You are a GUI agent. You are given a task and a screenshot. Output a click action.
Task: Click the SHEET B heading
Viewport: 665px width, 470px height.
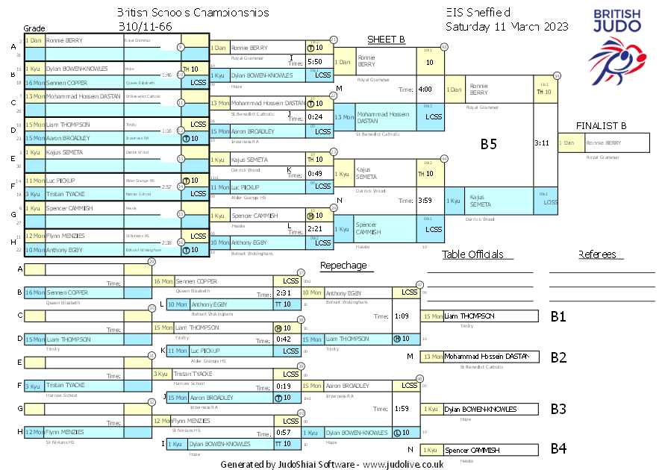[x=386, y=40]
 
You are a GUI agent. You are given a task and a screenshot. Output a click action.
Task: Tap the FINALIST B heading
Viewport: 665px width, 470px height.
[x=601, y=125]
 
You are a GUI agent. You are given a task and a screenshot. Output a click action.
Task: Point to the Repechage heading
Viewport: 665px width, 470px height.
[x=343, y=265]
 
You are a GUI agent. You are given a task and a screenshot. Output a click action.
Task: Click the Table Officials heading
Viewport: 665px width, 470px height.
[x=472, y=254]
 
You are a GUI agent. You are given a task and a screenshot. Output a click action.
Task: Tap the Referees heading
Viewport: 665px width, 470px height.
[x=597, y=254]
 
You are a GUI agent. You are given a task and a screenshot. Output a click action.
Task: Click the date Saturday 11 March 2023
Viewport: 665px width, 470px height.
[x=507, y=26]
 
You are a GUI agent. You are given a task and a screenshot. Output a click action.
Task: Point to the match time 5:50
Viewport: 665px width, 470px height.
[x=314, y=62]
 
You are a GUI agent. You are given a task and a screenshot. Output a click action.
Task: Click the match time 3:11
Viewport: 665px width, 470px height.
[x=542, y=142]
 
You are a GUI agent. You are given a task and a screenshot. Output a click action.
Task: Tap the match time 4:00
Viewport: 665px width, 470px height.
[x=425, y=90]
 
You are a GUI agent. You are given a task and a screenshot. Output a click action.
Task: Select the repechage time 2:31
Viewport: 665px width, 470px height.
[x=283, y=293]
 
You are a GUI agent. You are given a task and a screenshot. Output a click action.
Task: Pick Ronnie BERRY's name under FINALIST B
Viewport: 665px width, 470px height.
[x=603, y=142]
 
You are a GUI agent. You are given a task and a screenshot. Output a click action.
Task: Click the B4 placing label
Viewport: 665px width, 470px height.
[x=558, y=449]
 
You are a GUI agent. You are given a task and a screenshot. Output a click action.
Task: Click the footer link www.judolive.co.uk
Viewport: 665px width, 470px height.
[x=404, y=464]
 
